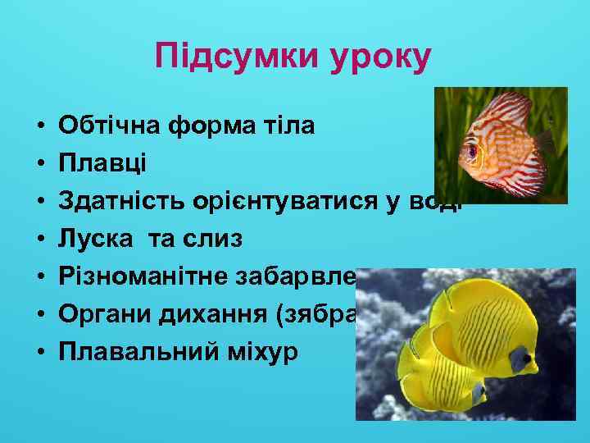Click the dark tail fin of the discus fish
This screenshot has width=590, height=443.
547,141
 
